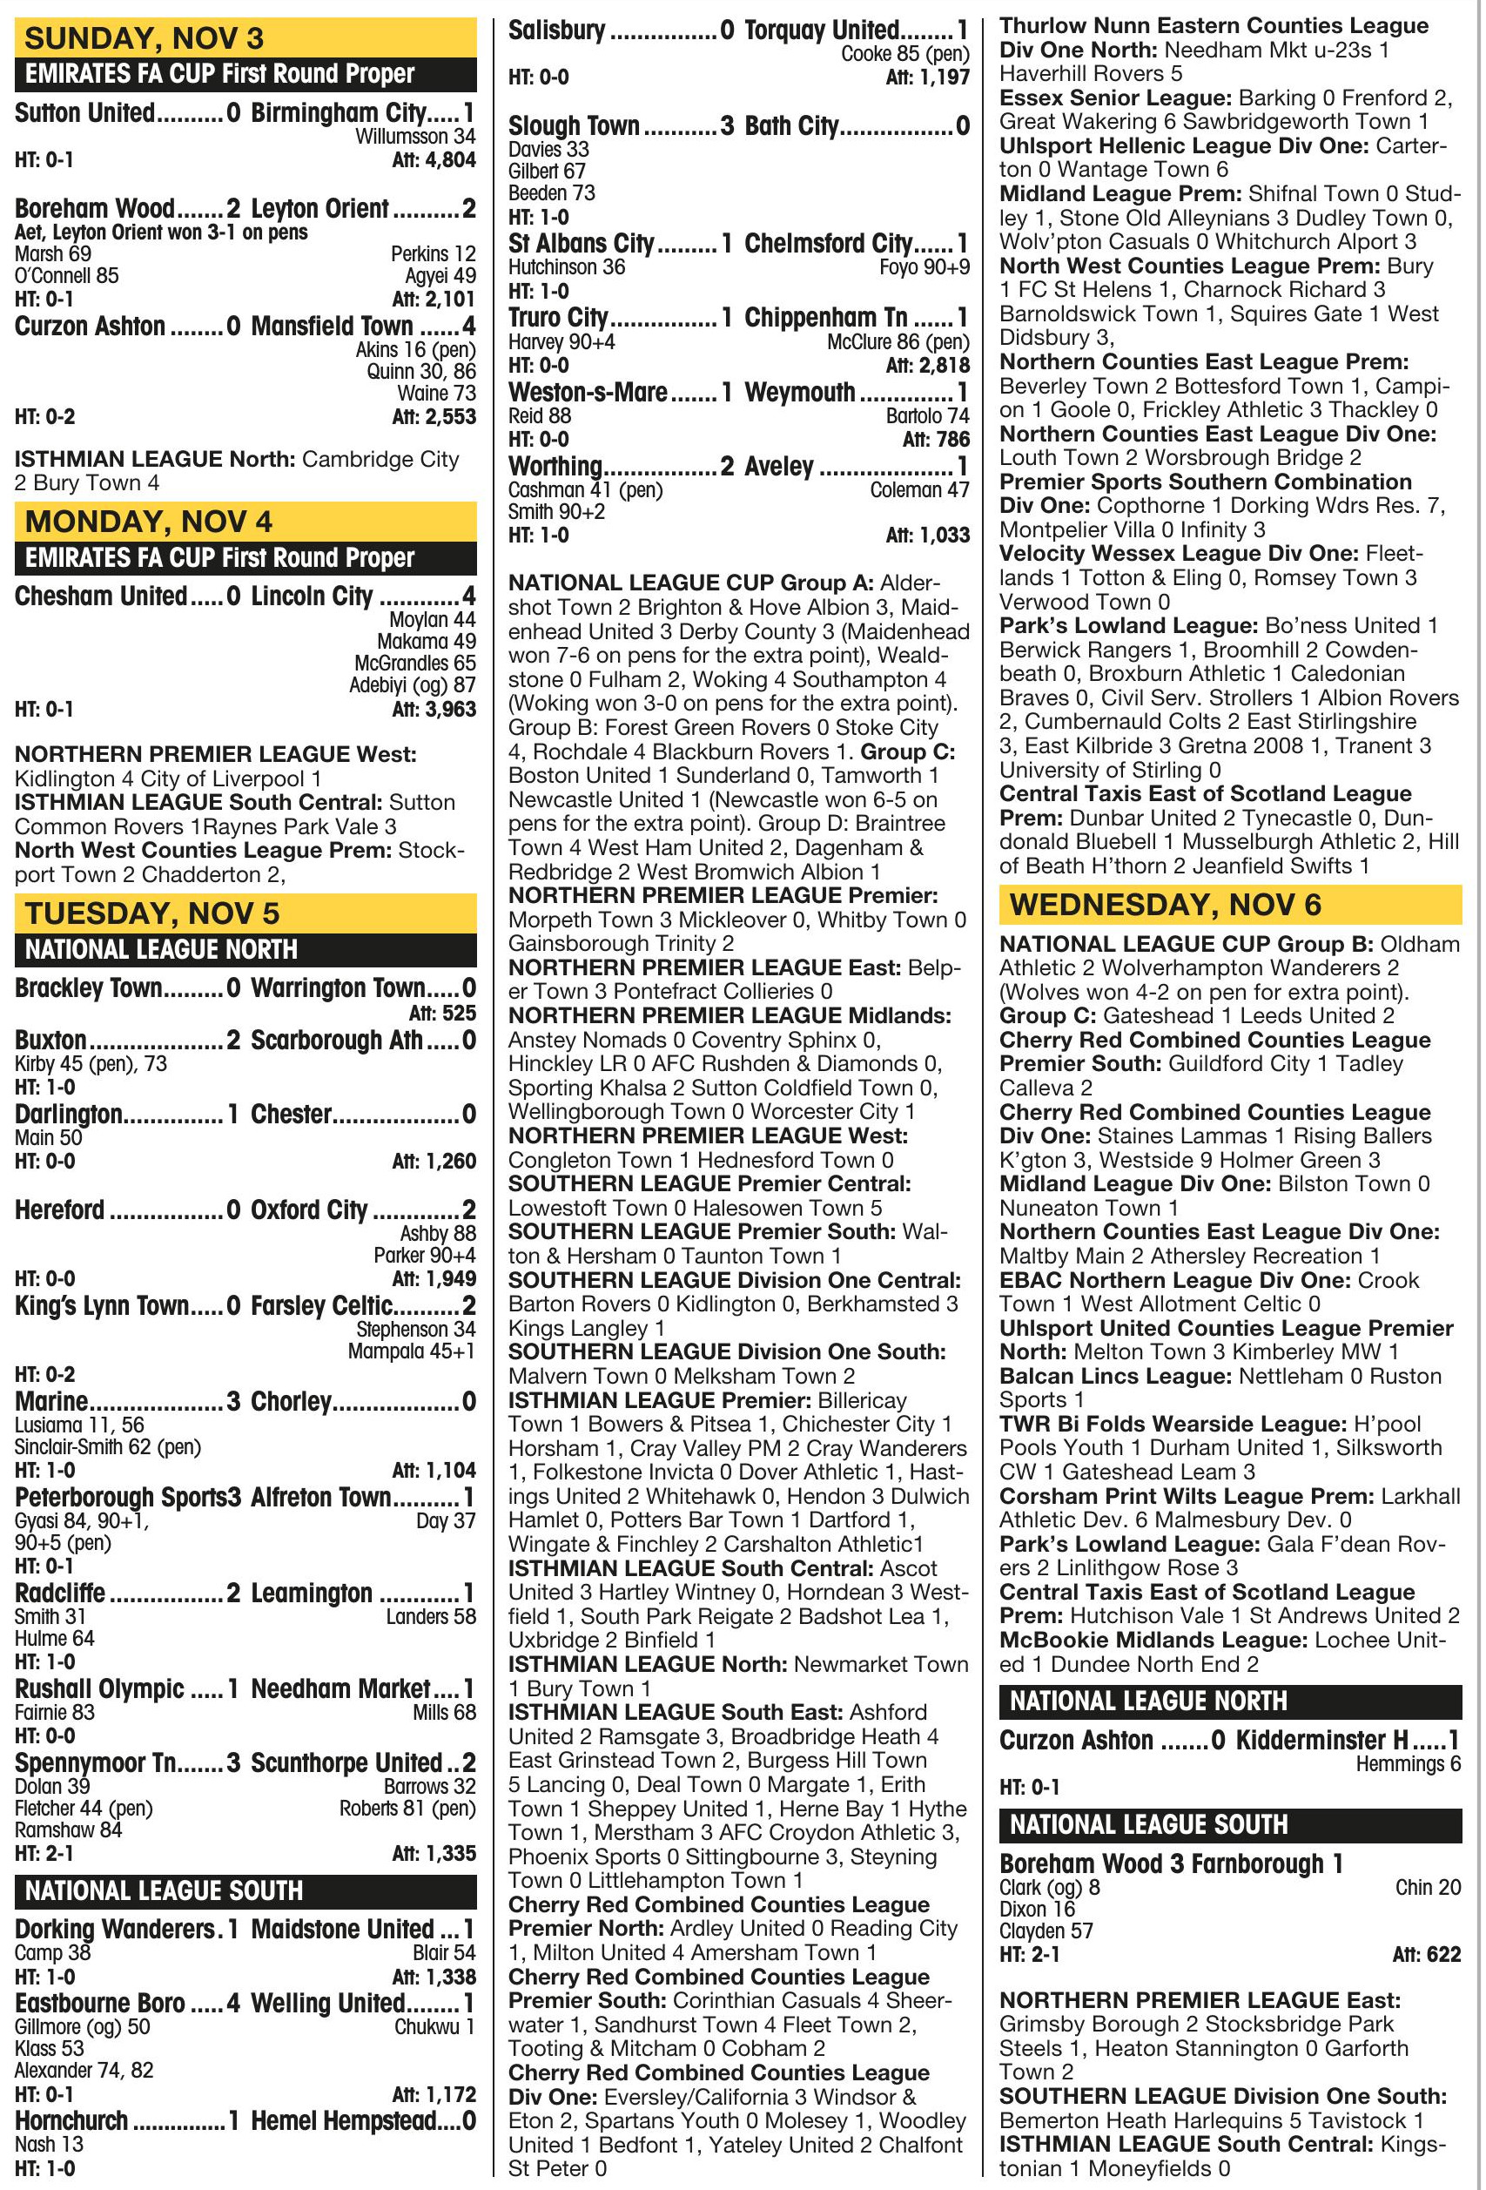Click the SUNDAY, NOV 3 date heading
tap(145, 37)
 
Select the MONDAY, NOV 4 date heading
tap(148, 521)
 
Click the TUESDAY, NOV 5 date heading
tap(151, 913)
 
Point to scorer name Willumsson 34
tap(414, 137)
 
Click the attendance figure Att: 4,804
tap(434, 160)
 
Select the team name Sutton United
tap(84, 113)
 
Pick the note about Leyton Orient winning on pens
tap(161, 232)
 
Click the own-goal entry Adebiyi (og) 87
tap(412, 686)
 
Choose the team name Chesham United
tap(101, 596)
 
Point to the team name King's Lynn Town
tap(102, 1306)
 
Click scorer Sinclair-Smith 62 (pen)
tap(107, 1446)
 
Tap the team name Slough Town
tap(574, 125)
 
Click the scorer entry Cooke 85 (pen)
tap(904, 54)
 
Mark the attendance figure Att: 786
tap(935, 439)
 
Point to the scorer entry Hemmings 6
tap(1408, 1764)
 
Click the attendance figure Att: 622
tap(1426, 1954)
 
